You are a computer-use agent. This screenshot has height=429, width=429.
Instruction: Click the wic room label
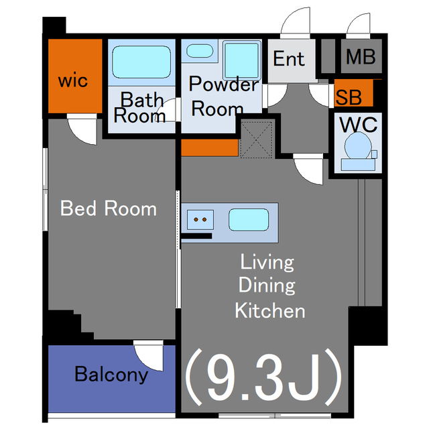click(x=73, y=80)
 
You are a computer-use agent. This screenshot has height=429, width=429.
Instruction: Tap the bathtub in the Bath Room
click(x=141, y=62)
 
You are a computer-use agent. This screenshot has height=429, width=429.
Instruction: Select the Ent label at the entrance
click(x=289, y=58)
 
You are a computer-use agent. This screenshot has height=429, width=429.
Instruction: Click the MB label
click(x=361, y=56)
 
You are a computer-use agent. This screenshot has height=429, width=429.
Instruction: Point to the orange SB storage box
click(x=353, y=93)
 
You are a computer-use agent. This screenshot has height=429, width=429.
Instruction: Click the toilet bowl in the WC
click(x=358, y=146)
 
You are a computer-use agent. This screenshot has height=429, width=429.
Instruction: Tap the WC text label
click(x=358, y=125)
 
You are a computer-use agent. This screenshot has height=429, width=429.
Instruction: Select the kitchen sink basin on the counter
click(x=249, y=220)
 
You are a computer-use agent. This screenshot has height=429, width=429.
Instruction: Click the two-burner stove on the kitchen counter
click(x=200, y=219)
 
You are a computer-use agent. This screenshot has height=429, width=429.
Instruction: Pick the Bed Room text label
click(x=109, y=208)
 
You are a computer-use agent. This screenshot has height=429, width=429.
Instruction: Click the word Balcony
click(x=111, y=374)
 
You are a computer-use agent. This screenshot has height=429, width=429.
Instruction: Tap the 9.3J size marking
click(x=263, y=377)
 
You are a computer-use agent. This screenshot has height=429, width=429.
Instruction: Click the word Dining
click(x=267, y=285)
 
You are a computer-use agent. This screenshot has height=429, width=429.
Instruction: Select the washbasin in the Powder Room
click(x=200, y=51)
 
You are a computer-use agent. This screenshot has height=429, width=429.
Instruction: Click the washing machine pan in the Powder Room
click(x=242, y=60)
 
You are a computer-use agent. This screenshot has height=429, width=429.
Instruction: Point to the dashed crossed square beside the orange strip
click(x=256, y=140)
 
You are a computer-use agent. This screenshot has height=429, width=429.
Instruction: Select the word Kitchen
click(x=270, y=310)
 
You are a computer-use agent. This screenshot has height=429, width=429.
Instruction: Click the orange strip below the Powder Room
click(x=210, y=147)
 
